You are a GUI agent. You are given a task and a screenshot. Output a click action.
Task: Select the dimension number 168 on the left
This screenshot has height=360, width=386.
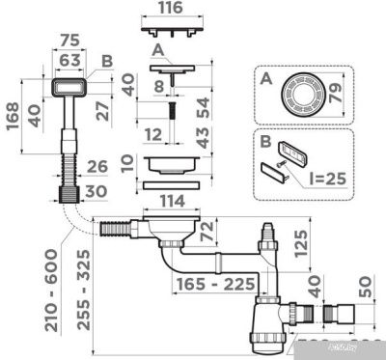13,116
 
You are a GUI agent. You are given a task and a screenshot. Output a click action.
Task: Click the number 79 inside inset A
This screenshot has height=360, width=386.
337,94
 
